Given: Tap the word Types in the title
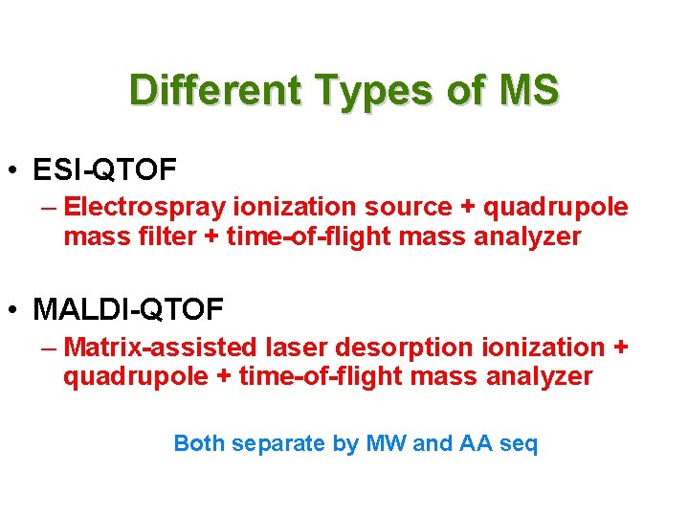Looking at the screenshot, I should coord(359,91).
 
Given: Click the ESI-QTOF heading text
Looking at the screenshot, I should coord(104,170).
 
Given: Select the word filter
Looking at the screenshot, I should coord(165,236).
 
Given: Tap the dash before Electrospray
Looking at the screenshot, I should coord(49,207).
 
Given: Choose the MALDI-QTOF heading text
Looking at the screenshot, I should coord(128,309).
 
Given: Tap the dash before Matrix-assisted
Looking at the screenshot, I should coord(49,347).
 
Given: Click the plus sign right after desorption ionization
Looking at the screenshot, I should coord(620,348).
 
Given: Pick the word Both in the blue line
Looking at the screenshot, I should coord(199,444).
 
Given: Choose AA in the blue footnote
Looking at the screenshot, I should coord(477,444).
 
